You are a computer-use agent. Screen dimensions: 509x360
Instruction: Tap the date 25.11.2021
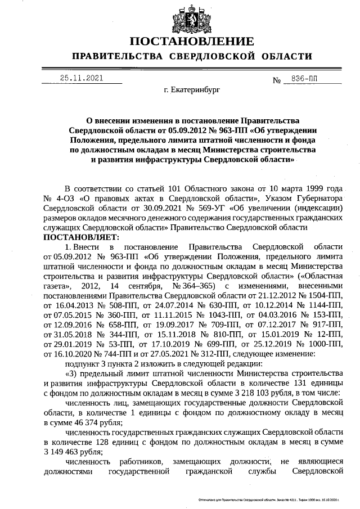(x=82, y=79)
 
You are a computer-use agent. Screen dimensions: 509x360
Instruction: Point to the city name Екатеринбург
(x=191, y=89)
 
